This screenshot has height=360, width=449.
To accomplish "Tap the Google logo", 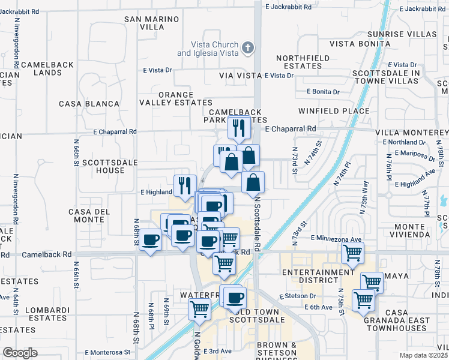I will click(20, 353).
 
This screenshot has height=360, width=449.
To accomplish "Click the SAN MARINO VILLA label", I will click(152, 23).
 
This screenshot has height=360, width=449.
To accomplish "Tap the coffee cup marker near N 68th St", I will click(150, 241).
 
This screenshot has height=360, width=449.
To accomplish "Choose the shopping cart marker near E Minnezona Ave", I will click(352, 252).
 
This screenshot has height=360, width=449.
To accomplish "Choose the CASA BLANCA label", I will click(89, 104).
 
